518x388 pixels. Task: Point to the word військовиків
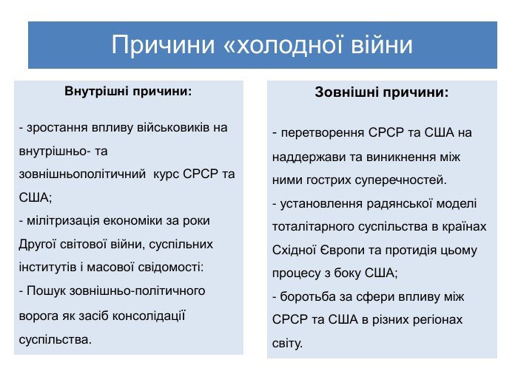(x=172, y=127)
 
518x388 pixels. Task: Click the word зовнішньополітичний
(x=82, y=174)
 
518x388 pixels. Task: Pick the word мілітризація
(x=63, y=221)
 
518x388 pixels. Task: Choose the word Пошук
(x=46, y=291)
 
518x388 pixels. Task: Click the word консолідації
(x=149, y=316)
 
